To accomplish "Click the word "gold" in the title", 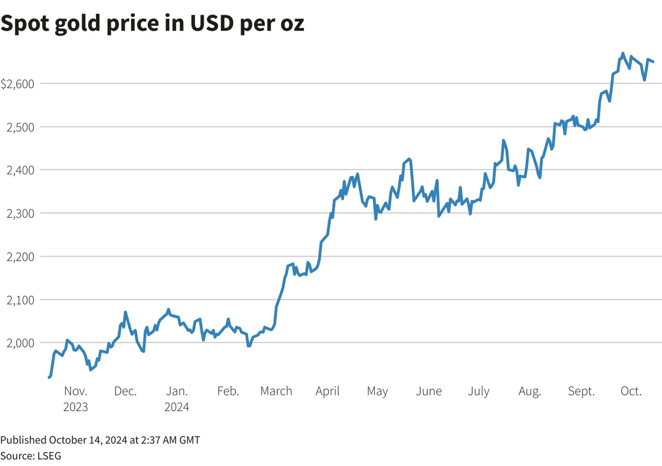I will coord(78,24).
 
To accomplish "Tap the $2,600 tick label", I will coord(18,84).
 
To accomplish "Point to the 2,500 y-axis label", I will coord(20,127).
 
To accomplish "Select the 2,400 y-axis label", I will coord(20,170).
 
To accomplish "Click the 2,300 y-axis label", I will coord(20,214).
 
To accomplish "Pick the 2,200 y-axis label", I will coord(20,257).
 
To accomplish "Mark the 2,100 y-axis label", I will coord(20,300).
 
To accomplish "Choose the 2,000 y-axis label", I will coord(20,343).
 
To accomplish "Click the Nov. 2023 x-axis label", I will coord(76,399).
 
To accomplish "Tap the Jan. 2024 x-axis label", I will coord(177,399).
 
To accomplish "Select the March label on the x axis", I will coord(276,391).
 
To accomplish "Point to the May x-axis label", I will coord(377,392).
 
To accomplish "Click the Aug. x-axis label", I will coord(530,392).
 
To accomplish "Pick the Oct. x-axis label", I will coord(631,391).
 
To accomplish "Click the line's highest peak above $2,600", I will coord(622,53).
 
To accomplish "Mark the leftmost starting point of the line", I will coord(49,377).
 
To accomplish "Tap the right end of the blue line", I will coord(653,61).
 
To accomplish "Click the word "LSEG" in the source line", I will coord(49,456).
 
